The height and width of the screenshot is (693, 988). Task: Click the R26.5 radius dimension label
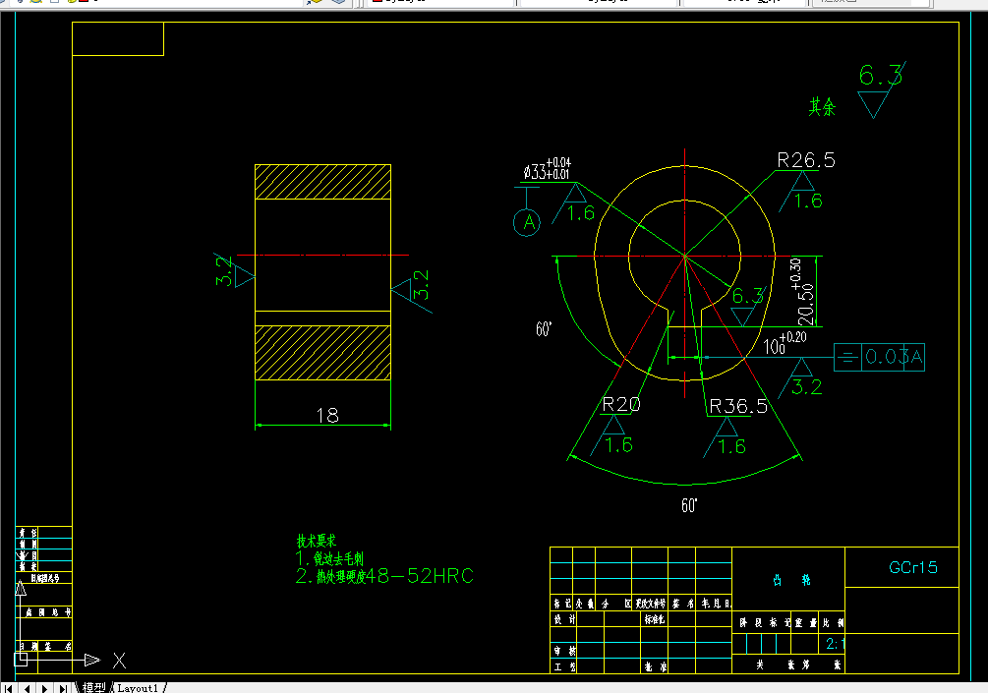805,160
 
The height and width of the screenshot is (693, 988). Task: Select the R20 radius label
621,404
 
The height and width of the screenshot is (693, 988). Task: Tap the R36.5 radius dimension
737,406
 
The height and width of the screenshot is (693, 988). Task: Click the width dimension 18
327,415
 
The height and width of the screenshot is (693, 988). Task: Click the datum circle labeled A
528,223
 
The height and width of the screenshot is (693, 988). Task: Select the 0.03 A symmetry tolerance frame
881,358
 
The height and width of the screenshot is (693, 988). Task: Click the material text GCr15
913,567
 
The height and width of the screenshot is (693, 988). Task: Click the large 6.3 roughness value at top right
880,75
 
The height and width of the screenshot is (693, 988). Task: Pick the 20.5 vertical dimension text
806,302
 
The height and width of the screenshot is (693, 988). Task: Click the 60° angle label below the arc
689,506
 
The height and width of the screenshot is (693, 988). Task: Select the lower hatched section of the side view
322,352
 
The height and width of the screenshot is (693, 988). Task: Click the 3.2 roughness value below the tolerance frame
806,386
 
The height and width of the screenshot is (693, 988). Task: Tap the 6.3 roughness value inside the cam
748,296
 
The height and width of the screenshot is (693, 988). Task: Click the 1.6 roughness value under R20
619,444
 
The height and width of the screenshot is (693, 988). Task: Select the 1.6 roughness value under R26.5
807,202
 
